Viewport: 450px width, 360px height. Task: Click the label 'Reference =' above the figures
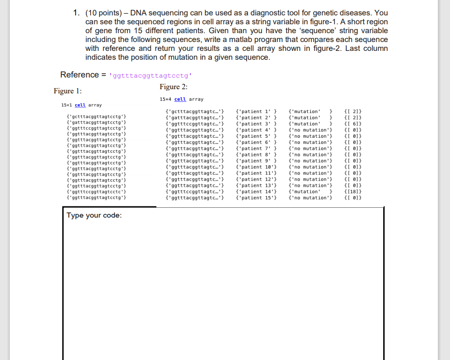pos(79,75)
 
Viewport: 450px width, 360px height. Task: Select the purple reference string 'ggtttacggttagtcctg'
pos(150,75)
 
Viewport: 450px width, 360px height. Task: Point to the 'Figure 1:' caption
pos(68,91)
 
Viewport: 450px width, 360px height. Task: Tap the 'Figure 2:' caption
pos(173,87)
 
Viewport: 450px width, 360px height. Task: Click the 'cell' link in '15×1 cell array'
pos(81,105)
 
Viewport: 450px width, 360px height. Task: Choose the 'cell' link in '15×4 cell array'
pos(180,99)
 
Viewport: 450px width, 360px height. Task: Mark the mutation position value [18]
pos(352,191)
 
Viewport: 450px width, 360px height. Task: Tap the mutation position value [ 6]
pos(352,124)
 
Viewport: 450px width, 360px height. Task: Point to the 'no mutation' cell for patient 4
pos(310,130)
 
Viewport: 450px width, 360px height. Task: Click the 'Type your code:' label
pos(94,215)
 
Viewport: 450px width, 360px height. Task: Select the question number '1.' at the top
pos(77,13)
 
